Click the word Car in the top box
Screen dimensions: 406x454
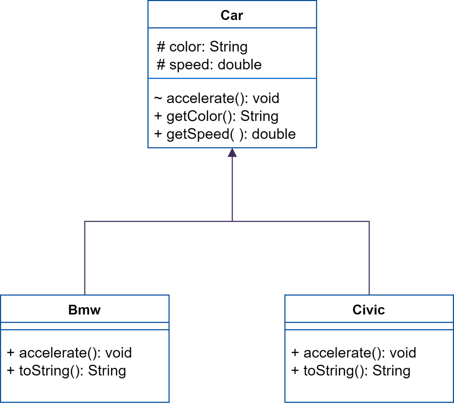232,15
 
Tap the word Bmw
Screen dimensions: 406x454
85,310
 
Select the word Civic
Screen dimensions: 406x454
369,310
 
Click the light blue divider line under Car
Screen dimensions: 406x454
232,78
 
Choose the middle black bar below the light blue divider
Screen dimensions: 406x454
213,117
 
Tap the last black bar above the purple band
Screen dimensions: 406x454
213,135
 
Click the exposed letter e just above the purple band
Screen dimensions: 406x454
292,135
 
